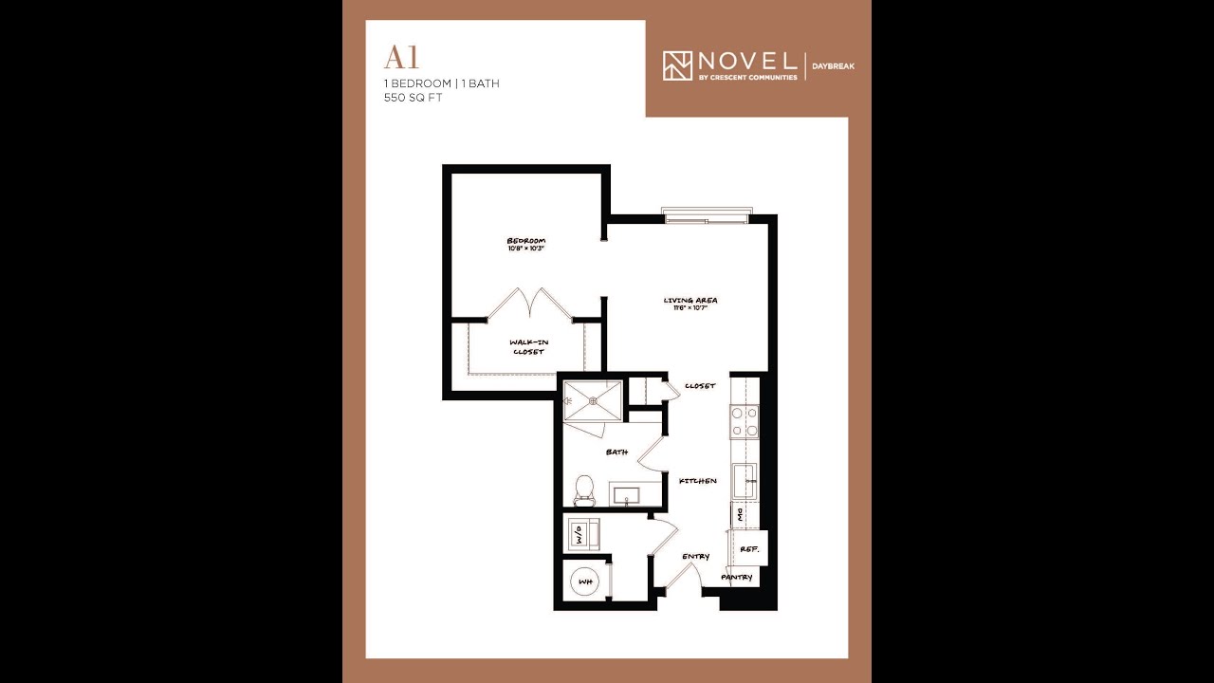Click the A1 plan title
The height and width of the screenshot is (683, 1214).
[x=401, y=59]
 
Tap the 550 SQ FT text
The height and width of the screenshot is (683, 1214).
[x=414, y=98]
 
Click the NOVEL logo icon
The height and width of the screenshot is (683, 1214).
[x=677, y=65]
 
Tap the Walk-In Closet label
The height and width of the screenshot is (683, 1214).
[x=528, y=346]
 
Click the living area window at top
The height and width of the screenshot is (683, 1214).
[x=708, y=216]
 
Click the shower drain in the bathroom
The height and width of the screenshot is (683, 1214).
[x=593, y=400]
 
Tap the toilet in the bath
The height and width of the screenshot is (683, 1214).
[x=584, y=489]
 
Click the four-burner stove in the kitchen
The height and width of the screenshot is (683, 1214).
[x=744, y=421]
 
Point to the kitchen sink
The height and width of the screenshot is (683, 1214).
[x=745, y=481]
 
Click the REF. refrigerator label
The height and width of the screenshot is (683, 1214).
[x=748, y=548]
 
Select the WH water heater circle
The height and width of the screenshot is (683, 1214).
[x=585, y=581]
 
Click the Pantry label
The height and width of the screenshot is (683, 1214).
[x=737, y=577]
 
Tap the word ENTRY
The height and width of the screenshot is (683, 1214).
[x=695, y=557]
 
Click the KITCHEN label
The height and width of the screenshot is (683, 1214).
[x=697, y=481]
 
